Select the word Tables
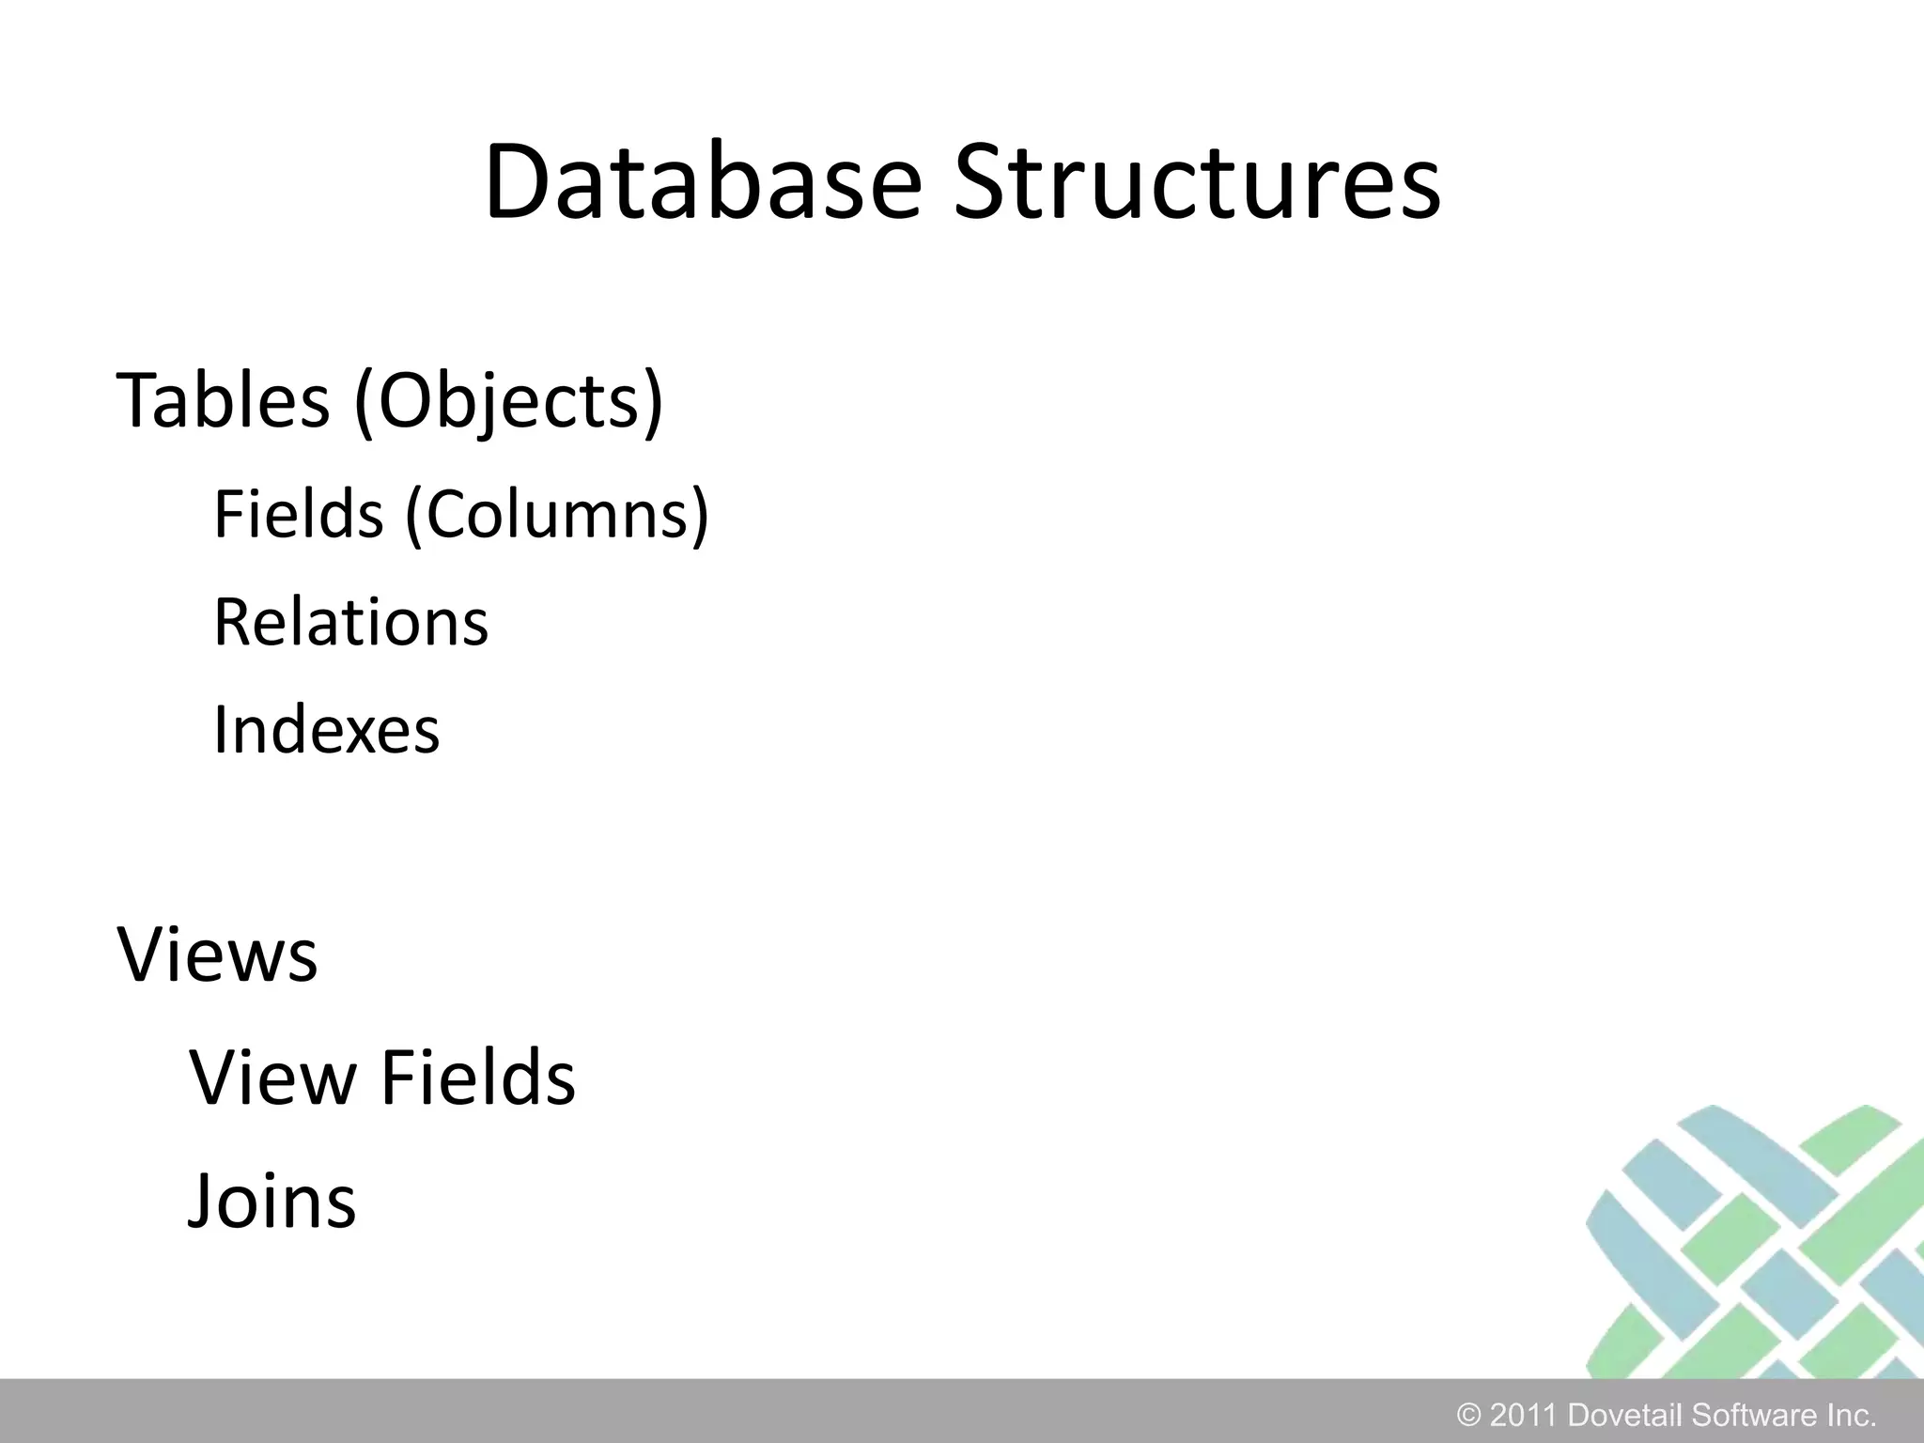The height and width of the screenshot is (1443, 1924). point(223,401)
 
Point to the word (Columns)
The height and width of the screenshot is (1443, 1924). point(557,516)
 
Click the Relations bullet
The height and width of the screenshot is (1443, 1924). point(350,622)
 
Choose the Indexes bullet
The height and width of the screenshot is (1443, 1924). point(326,729)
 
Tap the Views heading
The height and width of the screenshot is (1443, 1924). point(217,954)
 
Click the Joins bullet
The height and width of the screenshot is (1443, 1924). point(272,1202)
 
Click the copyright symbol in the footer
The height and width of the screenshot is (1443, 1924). point(1468,1415)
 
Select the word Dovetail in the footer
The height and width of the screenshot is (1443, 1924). point(1625,1415)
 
